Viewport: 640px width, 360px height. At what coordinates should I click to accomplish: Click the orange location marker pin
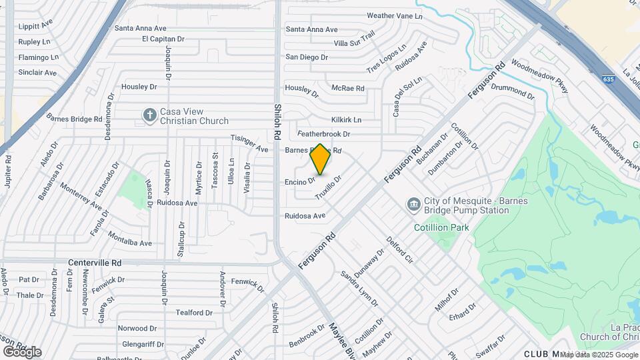coord(320,159)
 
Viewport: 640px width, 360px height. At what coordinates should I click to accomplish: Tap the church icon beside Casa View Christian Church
coord(149,116)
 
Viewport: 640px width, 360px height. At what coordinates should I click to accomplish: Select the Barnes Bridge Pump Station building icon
coord(413,203)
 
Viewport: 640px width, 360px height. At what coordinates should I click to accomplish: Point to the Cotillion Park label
coord(441,227)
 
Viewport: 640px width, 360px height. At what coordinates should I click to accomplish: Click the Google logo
coord(22,351)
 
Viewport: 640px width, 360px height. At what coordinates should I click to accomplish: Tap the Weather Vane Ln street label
coord(395,15)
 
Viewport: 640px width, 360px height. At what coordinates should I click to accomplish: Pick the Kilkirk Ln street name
coord(347,119)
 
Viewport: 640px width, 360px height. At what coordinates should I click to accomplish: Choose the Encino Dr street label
coord(299,181)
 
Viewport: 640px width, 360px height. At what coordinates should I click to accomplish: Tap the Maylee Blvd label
coord(338,340)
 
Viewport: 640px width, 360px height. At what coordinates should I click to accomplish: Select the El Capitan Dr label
coord(163,39)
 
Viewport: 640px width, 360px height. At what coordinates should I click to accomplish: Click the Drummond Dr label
coord(513,91)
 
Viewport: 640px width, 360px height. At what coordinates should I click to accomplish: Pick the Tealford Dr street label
coord(194,312)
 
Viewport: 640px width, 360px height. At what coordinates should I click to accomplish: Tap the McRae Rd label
coord(348,88)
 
